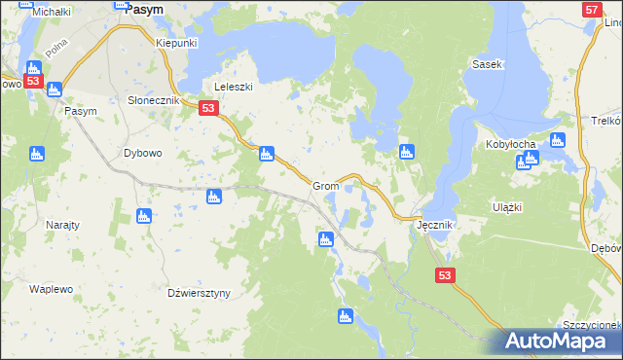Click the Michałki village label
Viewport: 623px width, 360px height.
point(24,11)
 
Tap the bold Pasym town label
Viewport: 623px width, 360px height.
point(144,7)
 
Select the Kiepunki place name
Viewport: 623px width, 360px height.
point(177,44)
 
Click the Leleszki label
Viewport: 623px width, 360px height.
point(233,87)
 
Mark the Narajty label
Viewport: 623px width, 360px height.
point(63,224)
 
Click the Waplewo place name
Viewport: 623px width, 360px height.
point(52,289)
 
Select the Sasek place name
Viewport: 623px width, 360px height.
point(486,64)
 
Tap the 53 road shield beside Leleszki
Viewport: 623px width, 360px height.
point(207,109)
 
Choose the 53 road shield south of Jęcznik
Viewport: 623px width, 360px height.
point(445,276)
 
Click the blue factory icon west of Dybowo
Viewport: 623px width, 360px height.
point(37,153)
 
